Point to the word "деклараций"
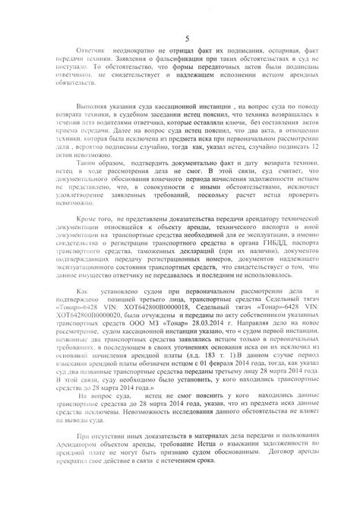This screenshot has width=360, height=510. [x=197, y=293]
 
